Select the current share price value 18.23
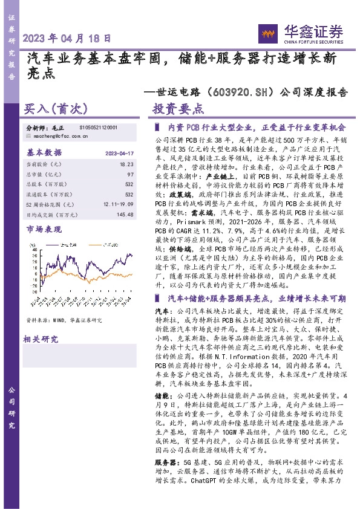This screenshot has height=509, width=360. point(127,164)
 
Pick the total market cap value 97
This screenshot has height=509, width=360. point(130,174)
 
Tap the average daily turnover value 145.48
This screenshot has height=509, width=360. point(124,215)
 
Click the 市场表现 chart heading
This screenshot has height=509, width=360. point(45,230)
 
